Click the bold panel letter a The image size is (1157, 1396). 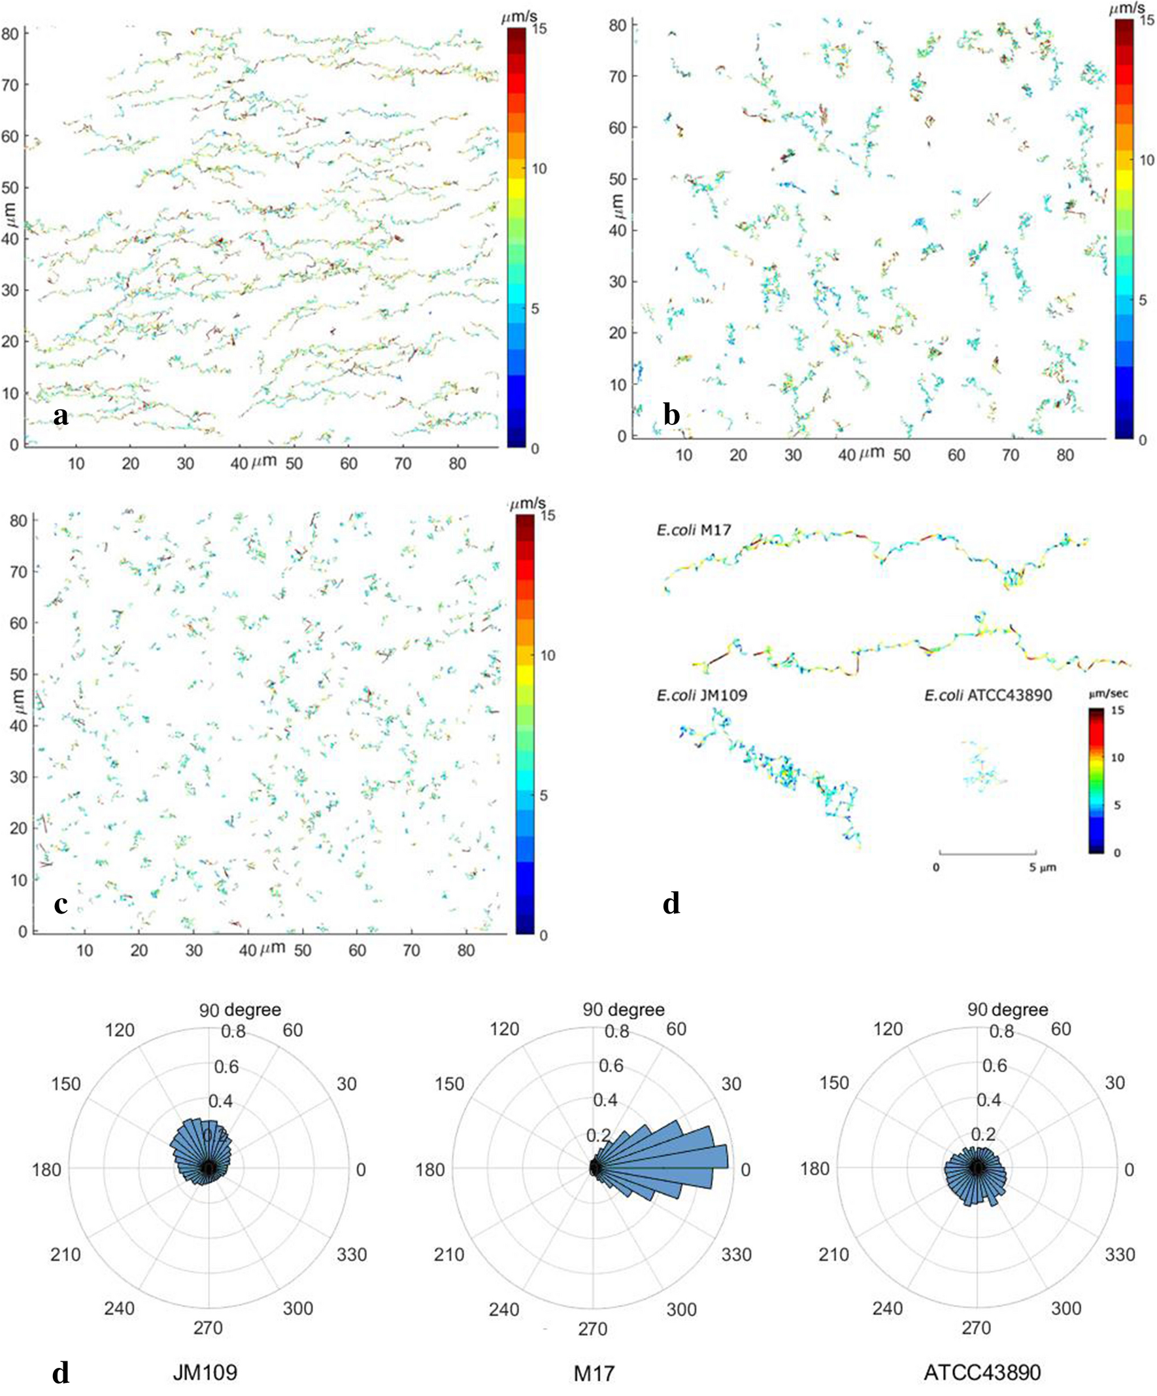pos(61,417)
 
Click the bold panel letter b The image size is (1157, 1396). pos(672,415)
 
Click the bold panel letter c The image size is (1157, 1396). pos(61,904)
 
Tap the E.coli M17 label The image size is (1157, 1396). pos(690,530)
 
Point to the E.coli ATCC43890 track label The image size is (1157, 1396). pos(988,696)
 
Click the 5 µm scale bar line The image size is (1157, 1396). pos(987,853)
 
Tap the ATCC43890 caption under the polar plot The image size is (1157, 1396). pos(982,1370)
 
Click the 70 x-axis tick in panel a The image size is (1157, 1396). pos(403,464)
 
